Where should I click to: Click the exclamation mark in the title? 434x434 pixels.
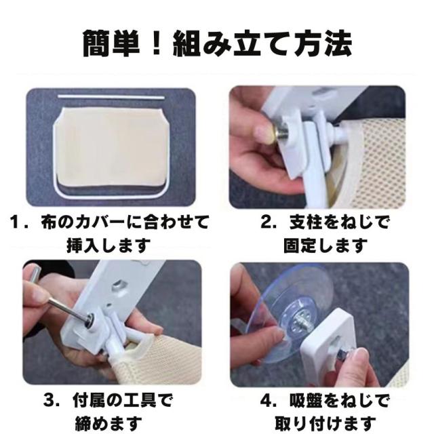(x=157, y=43)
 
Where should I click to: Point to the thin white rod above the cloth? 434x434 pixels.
(x=111, y=97)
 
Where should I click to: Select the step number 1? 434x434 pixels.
(x=14, y=222)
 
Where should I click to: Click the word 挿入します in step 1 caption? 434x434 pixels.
(x=108, y=245)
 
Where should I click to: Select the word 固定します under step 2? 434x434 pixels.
(x=325, y=245)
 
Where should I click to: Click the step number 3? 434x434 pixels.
(x=49, y=401)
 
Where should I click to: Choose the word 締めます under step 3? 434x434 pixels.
(x=108, y=423)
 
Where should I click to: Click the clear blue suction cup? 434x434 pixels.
(x=288, y=310)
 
